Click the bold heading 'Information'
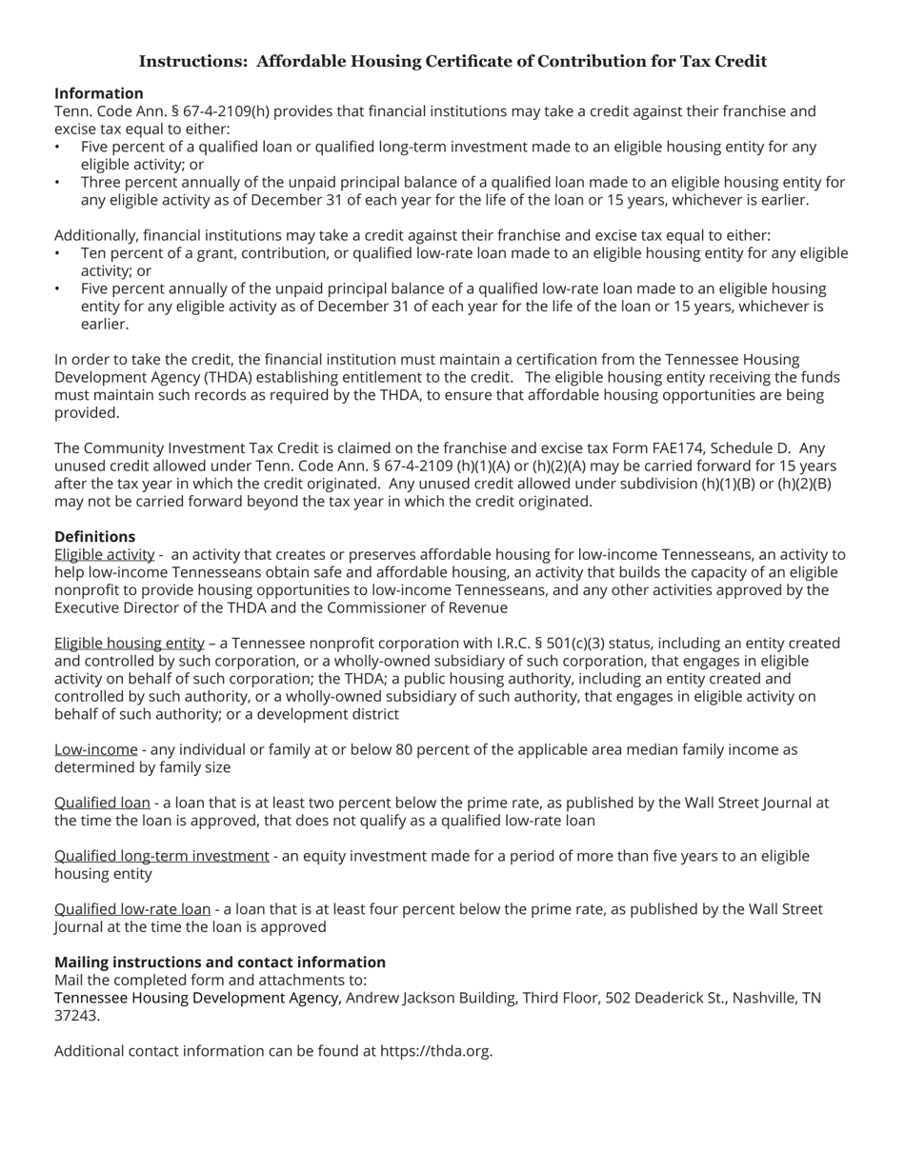pyautogui.click(x=98, y=93)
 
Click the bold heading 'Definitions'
pyautogui.click(x=94, y=536)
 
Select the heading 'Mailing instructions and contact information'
pyautogui.click(x=219, y=962)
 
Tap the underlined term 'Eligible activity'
pyautogui.click(x=104, y=554)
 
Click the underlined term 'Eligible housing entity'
pyautogui.click(x=129, y=643)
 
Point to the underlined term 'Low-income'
pyautogui.click(x=95, y=749)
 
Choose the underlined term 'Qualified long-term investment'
pyautogui.click(x=161, y=856)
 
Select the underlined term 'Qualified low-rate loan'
pyautogui.click(x=131, y=909)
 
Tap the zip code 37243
pyautogui.click(x=75, y=1016)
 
